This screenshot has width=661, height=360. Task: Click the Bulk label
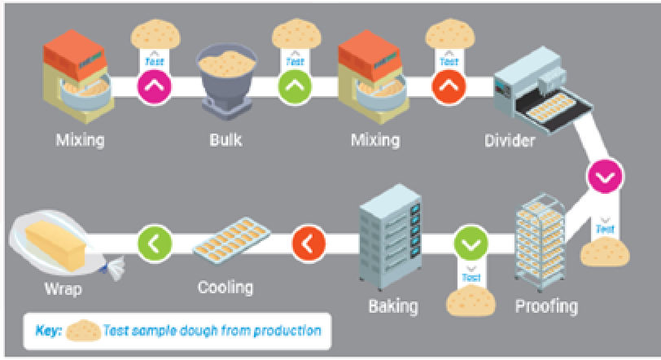tap(226, 140)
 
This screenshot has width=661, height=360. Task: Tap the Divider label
tap(510, 141)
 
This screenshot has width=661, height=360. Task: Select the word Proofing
tap(546, 306)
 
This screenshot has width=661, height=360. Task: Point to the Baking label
tap(393, 307)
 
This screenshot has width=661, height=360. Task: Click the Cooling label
tap(225, 288)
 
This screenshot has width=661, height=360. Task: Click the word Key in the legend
tap(46, 331)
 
